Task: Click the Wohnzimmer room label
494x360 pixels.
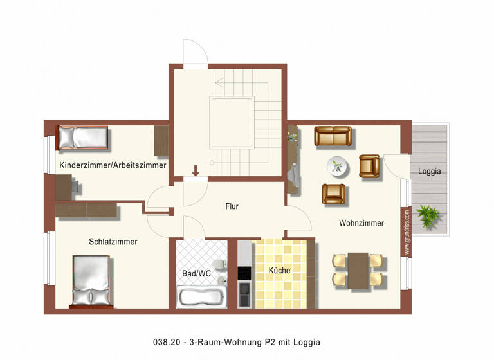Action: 361,223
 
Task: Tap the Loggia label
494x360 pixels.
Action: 429,172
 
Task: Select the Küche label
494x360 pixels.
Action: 279,270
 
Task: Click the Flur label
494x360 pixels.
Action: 232,206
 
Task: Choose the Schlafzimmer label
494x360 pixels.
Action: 113,242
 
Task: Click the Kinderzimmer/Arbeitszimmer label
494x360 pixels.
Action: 113,165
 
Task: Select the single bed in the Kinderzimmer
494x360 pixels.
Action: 83,137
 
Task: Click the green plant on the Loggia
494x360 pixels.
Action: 428,214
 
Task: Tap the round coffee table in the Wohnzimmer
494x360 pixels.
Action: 338,166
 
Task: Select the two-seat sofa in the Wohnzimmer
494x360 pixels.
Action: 333,136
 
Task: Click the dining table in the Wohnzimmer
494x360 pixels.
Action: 358,270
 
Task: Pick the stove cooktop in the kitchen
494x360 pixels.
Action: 244,273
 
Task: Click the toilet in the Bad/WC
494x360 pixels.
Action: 220,265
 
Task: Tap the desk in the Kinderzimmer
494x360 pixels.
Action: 64,187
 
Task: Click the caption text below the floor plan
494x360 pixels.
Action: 236,342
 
